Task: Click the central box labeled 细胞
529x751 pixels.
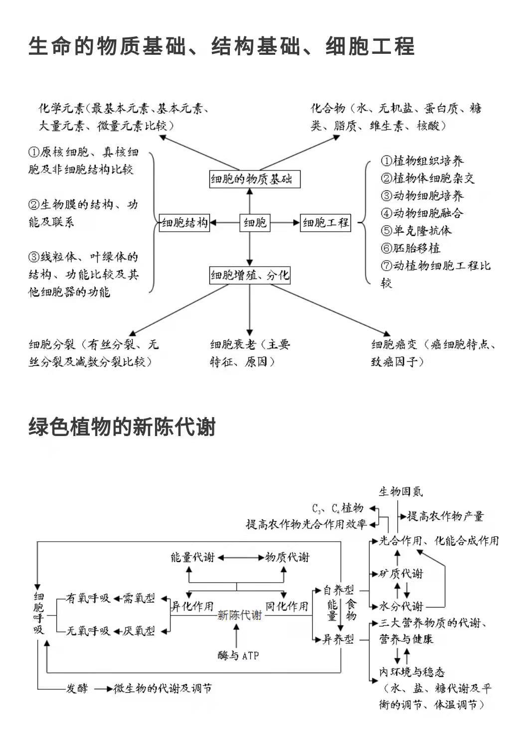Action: click(255, 223)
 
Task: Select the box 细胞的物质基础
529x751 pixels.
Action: click(254, 179)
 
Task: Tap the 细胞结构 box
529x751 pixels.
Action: click(184, 223)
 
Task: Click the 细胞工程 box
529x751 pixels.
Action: click(326, 223)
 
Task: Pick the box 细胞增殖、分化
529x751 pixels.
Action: click(250, 275)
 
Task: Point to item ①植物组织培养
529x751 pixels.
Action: click(422, 161)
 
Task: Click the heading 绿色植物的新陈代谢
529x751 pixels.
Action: click(122, 427)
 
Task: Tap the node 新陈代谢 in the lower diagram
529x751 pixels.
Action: click(239, 615)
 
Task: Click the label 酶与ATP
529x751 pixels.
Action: click(238, 656)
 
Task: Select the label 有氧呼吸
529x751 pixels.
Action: click(88, 598)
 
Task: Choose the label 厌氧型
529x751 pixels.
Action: click(139, 631)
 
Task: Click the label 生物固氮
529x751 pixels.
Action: click(401, 492)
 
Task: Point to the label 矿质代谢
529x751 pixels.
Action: click(401, 574)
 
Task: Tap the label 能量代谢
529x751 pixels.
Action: click(192, 557)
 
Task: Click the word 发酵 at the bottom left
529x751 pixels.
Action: click(77, 689)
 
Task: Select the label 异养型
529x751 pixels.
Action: click(338, 639)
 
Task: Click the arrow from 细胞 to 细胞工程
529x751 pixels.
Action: click(285, 223)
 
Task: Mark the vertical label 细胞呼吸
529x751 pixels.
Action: click(39, 613)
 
